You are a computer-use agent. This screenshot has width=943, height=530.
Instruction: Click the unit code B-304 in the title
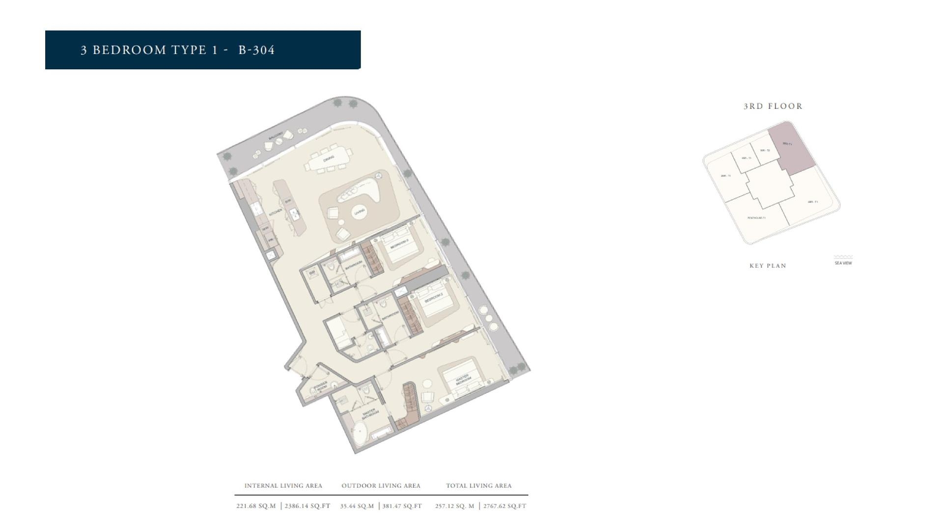click(256, 50)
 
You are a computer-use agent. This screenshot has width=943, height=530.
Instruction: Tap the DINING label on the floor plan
click(329, 158)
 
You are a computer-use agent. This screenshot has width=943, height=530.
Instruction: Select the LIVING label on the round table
click(360, 212)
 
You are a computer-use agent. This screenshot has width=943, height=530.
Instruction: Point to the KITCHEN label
click(276, 212)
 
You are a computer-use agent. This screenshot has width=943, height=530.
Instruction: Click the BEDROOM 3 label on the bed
click(399, 244)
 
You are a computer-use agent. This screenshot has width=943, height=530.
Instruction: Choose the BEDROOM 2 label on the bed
click(434, 297)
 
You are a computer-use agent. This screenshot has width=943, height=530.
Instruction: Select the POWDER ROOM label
click(321, 386)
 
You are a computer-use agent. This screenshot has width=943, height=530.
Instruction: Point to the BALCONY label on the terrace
click(276, 135)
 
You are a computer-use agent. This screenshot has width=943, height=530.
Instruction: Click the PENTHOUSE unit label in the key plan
click(756, 218)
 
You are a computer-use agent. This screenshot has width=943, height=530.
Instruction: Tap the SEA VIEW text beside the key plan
click(843, 263)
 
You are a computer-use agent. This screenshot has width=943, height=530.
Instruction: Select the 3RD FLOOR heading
click(773, 106)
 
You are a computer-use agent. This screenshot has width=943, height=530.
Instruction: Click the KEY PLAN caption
click(768, 266)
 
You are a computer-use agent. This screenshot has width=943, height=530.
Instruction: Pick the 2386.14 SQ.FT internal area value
click(307, 506)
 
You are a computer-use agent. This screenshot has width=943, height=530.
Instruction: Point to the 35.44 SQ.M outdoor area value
click(357, 506)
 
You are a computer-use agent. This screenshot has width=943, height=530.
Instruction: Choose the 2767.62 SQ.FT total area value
click(504, 506)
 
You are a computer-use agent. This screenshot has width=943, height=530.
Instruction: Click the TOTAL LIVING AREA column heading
click(479, 486)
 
